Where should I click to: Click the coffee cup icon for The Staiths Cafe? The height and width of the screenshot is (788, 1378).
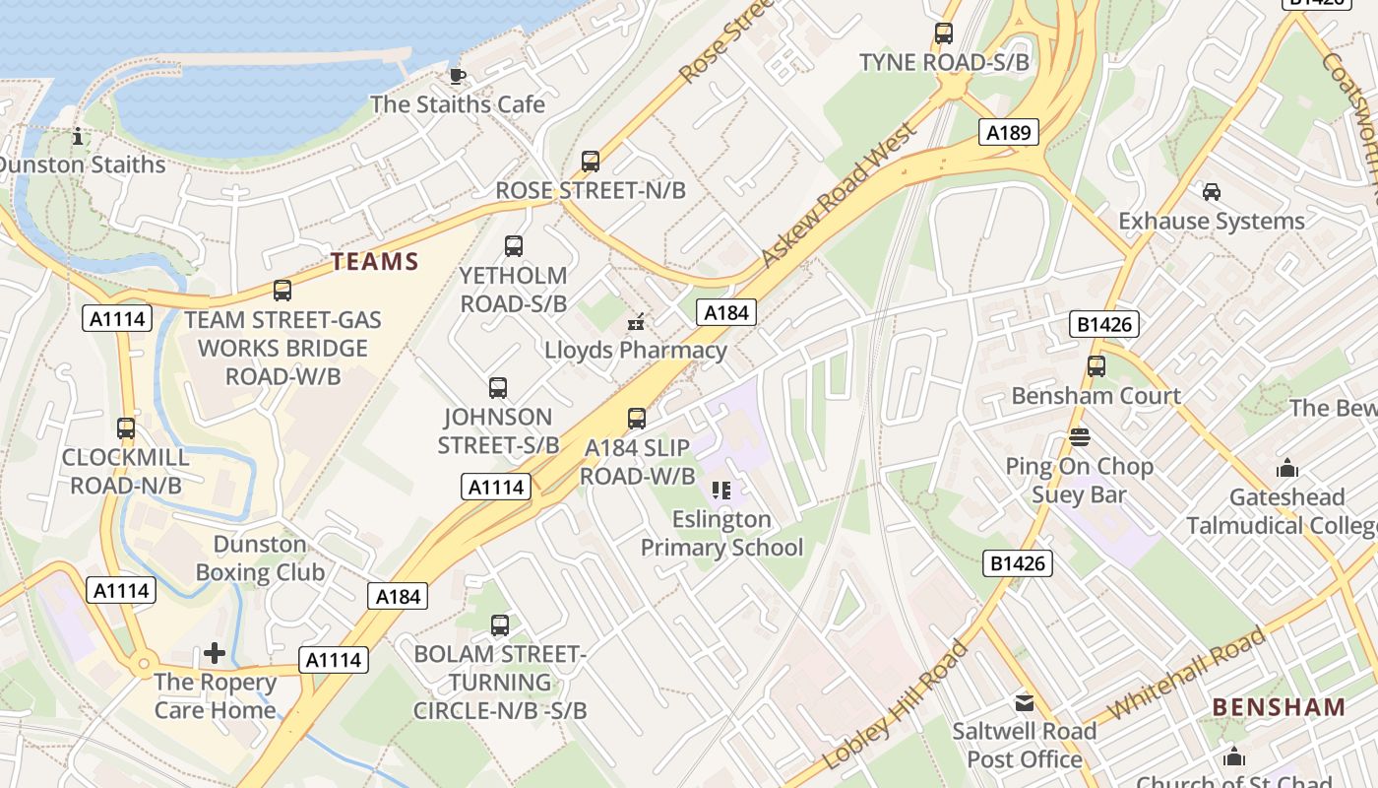click(x=457, y=76)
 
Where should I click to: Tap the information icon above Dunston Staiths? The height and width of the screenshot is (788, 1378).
click(x=79, y=136)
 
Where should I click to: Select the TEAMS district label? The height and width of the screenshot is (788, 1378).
click(x=375, y=262)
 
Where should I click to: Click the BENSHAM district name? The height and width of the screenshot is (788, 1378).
click(x=1279, y=707)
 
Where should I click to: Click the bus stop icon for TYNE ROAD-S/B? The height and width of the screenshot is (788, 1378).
click(x=944, y=33)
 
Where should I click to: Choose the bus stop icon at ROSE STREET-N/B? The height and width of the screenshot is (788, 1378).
click(x=591, y=162)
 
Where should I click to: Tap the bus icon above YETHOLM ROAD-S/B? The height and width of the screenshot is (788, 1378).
click(x=514, y=246)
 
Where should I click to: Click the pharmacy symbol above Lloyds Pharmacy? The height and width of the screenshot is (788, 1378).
click(x=636, y=321)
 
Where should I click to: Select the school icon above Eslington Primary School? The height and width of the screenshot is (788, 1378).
click(x=721, y=491)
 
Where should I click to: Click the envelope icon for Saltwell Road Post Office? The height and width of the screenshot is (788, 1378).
click(x=1025, y=702)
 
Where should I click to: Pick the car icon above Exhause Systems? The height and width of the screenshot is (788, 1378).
click(x=1212, y=192)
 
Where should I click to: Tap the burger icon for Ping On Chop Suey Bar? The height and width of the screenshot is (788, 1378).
click(x=1080, y=437)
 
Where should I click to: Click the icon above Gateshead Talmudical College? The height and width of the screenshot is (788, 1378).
click(x=1286, y=469)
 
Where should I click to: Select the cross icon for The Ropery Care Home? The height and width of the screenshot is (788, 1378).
click(x=215, y=653)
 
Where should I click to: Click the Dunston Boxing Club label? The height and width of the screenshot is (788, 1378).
click(x=260, y=558)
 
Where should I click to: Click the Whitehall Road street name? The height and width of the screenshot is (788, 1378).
click(x=1186, y=674)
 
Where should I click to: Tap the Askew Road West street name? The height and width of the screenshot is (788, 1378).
click(x=839, y=194)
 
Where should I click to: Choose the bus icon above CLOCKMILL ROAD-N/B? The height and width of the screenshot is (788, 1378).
click(x=126, y=428)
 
